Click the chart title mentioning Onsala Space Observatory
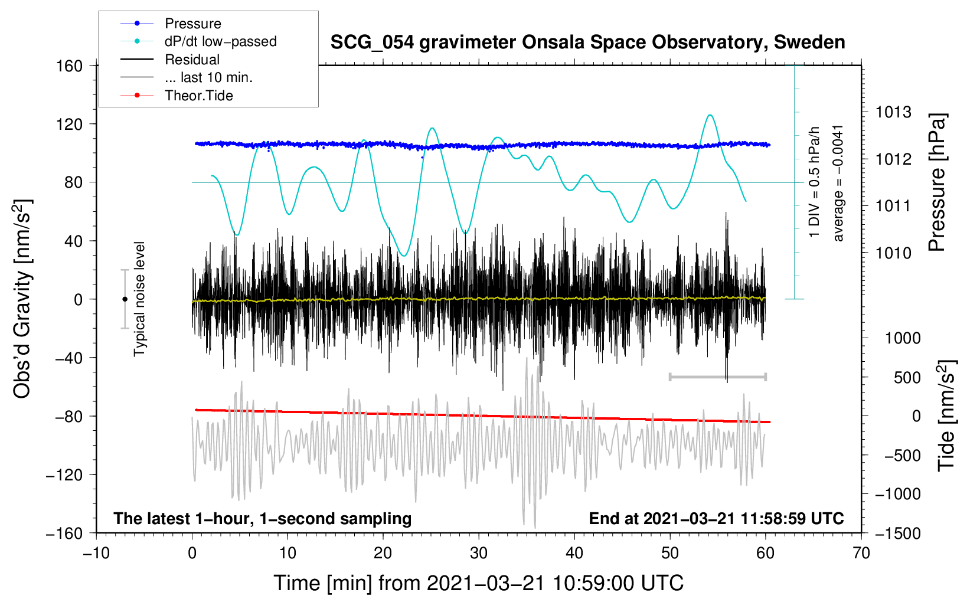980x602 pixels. click(587, 42)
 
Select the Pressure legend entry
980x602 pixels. click(192, 24)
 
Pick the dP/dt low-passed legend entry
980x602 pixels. click(220, 41)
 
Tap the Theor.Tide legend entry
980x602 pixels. click(198, 96)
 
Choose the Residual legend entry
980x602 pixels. click(192, 60)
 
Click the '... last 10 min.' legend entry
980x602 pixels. click(208, 77)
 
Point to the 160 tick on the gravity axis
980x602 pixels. click(70, 66)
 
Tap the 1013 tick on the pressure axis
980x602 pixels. click(893, 112)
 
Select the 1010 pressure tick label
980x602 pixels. click(893, 253)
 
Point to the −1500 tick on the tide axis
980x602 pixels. click(897, 533)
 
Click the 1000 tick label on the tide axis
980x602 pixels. click(902, 338)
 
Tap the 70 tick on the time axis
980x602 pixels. click(861, 553)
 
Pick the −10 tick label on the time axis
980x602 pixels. click(96, 553)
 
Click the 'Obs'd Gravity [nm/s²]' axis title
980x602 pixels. click(22, 299)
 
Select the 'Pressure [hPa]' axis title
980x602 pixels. click(937, 182)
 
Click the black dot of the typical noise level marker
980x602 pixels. click(125, 299)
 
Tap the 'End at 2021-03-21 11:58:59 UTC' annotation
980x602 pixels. click(716, 518)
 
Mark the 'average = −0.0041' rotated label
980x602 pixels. click(838, 183)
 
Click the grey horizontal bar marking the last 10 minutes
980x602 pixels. click(717, 377)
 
